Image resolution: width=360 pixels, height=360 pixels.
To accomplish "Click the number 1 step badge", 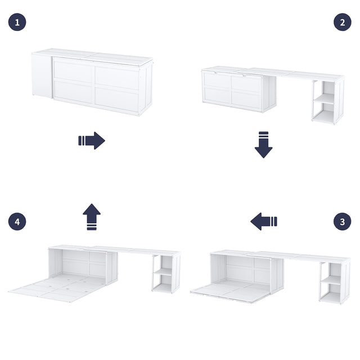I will (17, 22).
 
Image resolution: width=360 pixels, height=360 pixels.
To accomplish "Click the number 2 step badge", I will (342, 22).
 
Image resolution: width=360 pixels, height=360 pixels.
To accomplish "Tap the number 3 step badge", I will (342, 222).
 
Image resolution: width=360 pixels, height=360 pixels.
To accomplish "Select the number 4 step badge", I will (17, 222).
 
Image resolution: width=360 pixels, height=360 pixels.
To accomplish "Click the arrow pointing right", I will (92, 141).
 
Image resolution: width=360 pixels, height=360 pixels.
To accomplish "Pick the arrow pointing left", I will (264, 222).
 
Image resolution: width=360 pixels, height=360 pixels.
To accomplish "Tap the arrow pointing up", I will (92, 217).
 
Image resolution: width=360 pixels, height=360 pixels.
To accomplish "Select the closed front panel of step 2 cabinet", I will (232, 90).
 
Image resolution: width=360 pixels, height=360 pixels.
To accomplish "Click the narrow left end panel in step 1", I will (41, 75).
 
